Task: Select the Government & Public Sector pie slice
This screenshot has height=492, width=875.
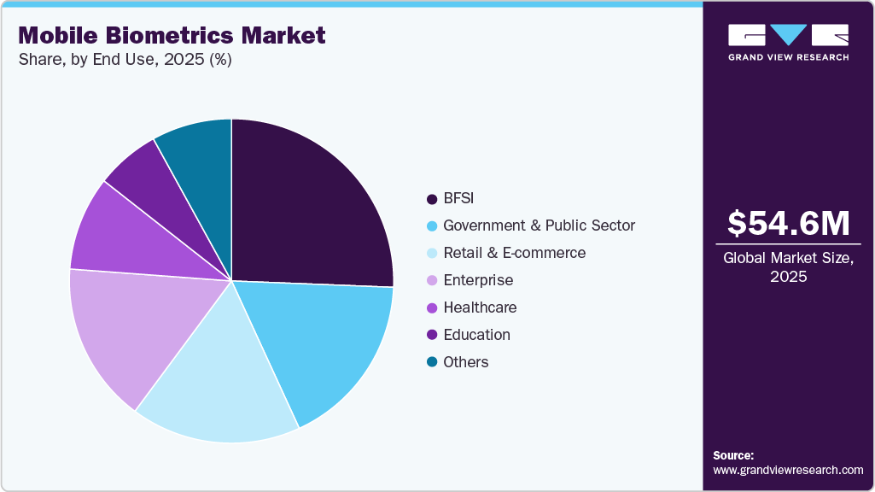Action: [329, 342]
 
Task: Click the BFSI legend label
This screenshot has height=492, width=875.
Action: [458, 198]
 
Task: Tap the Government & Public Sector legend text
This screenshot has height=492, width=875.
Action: [539, 225]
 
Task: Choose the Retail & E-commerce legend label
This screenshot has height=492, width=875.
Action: [514, 253]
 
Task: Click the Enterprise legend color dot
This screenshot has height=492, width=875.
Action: [432, 281]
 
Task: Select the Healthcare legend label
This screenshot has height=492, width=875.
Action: [480, 307]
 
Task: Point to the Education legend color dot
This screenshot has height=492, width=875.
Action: [432, 336]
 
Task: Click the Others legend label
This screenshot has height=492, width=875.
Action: [466, 362]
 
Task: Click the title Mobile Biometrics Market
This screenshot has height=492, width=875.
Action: [172, 35]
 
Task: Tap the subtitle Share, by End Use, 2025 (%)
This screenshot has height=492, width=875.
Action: [125, 60]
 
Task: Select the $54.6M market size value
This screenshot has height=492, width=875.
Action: [788, 224]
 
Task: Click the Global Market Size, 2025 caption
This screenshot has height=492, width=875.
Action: [788, 267]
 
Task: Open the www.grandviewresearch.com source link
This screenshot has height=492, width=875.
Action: [788, 470]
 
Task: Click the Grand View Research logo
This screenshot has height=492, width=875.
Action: [788, 42]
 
